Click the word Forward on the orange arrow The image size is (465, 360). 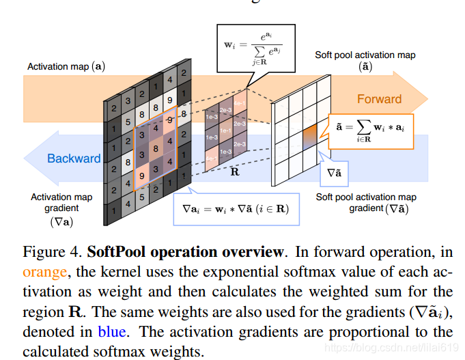(380, 99)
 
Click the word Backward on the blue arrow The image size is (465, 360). (74, 158)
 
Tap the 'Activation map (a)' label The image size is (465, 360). (66, 67)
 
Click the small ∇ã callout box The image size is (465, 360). (334, 174)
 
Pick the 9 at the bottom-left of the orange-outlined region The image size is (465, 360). (141, 176)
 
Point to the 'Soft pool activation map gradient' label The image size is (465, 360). (365, 202)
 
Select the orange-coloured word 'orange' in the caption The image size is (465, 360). (45, 271)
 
